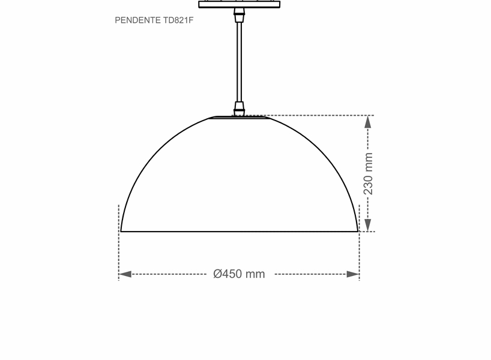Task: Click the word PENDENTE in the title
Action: [x=137, y=20]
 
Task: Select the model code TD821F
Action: [x=178, y=20]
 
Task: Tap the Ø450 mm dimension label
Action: [x=239, y=274]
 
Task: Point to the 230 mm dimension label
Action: [x=369, y=174]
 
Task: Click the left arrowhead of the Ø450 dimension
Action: [x=125, y=274]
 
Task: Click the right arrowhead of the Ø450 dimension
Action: [x=353, y=274]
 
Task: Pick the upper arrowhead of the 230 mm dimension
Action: [x=368, y=122]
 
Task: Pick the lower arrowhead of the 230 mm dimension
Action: [x=368, y=225]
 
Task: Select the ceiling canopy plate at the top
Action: [x=239, y=4]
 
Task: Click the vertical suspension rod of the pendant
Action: [x=239, y=60]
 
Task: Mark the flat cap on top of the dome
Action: [x=239, y=118]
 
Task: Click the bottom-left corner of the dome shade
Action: [x=122, y=231]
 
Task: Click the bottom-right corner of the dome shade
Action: [x=357, y=231]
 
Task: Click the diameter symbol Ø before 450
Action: [x=218, y=274]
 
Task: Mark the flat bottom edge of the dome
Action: [x=239, y=231]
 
